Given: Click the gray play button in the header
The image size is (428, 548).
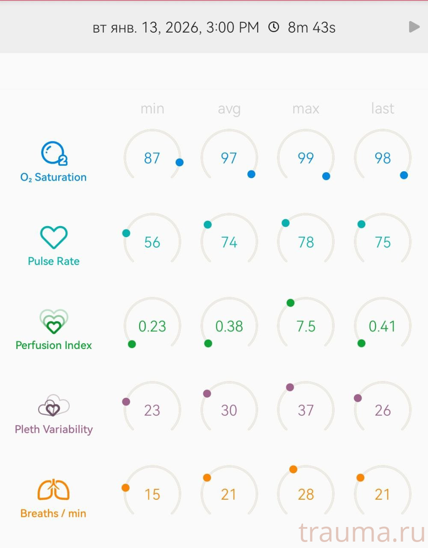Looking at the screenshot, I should [x=414, y=27].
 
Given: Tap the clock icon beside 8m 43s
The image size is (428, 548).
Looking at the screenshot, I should [x=273, y=27].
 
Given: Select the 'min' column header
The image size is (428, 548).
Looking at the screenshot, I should [x=152, y=109].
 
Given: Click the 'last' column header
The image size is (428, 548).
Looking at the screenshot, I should [x=383, y=109].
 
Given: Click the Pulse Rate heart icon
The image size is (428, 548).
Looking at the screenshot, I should [x=54, y=237].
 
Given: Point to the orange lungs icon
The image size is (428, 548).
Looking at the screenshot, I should [x=53, y=490].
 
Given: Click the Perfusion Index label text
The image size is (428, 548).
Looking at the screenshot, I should [x=53, y=345].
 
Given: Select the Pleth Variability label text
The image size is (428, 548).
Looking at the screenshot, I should [x=53, y=429].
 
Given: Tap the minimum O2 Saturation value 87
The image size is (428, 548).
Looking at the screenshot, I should [x=152, y=158].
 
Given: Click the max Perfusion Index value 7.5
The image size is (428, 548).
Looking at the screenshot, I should [x=306, y=326].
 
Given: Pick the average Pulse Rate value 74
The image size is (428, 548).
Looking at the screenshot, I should [x=229, y=242].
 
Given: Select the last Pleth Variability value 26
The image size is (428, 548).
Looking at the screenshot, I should [x=383, y=410].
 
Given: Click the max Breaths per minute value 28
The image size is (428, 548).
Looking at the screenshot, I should [x=306, y=494].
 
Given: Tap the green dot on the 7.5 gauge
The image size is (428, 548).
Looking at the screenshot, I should [x=291, y=303].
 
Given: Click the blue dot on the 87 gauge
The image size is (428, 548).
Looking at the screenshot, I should [x=180, y=162].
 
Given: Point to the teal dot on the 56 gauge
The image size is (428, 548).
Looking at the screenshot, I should [x=126, y=233].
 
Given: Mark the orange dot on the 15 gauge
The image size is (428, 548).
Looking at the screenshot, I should [x=125, y=488].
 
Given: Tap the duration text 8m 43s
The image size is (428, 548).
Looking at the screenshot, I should [x=312, y=27].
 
